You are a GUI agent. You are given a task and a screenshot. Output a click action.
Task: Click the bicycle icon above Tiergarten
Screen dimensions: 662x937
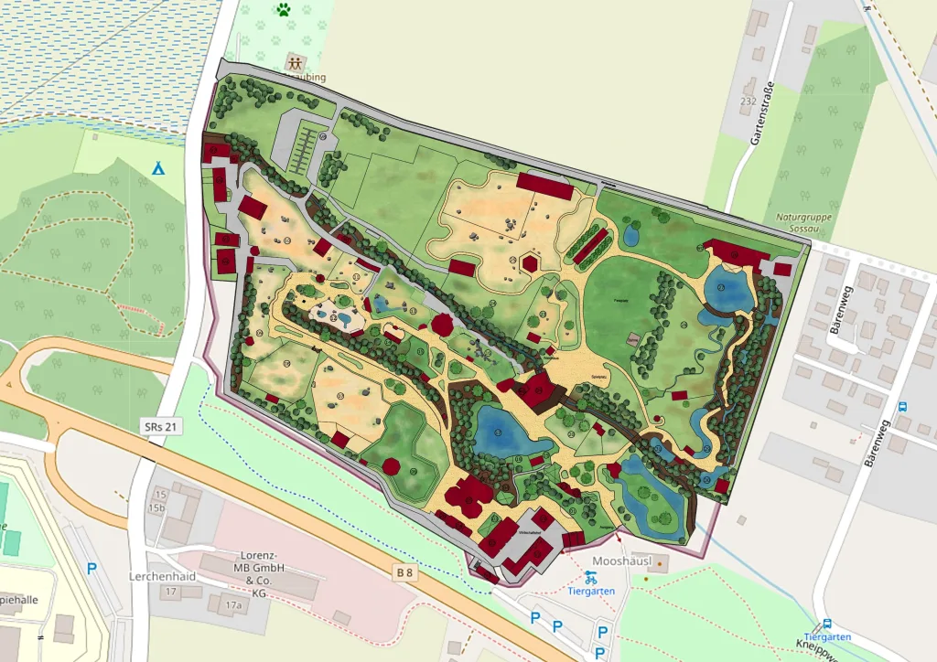(589, 577)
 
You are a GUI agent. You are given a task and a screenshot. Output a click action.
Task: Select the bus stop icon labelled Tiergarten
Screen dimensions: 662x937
(827, 624)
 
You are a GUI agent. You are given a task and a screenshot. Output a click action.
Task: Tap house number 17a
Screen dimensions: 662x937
(234, 605)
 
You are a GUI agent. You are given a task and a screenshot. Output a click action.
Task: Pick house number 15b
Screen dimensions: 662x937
(159, 507)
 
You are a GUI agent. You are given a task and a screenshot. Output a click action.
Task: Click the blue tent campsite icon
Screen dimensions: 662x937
(157, 168)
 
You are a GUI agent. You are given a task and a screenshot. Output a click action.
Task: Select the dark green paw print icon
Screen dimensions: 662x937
(284, 11)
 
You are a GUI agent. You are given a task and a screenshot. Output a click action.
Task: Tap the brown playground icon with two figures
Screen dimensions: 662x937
(295, 63)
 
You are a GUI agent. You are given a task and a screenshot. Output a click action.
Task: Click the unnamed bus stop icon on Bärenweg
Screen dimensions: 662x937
(903, 407)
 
